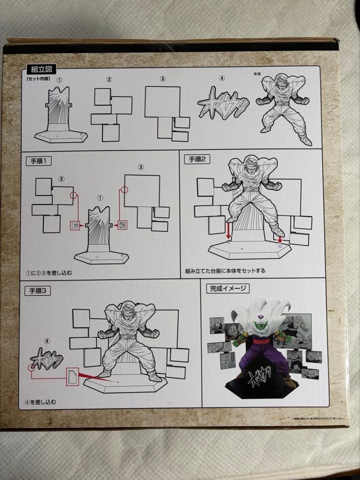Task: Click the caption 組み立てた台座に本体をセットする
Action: point(225,270)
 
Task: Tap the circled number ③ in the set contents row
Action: point(163,79)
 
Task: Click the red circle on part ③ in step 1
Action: point(124,190)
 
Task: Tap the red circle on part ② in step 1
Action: point(73,195)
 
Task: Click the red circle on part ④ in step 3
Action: point(32,368)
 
